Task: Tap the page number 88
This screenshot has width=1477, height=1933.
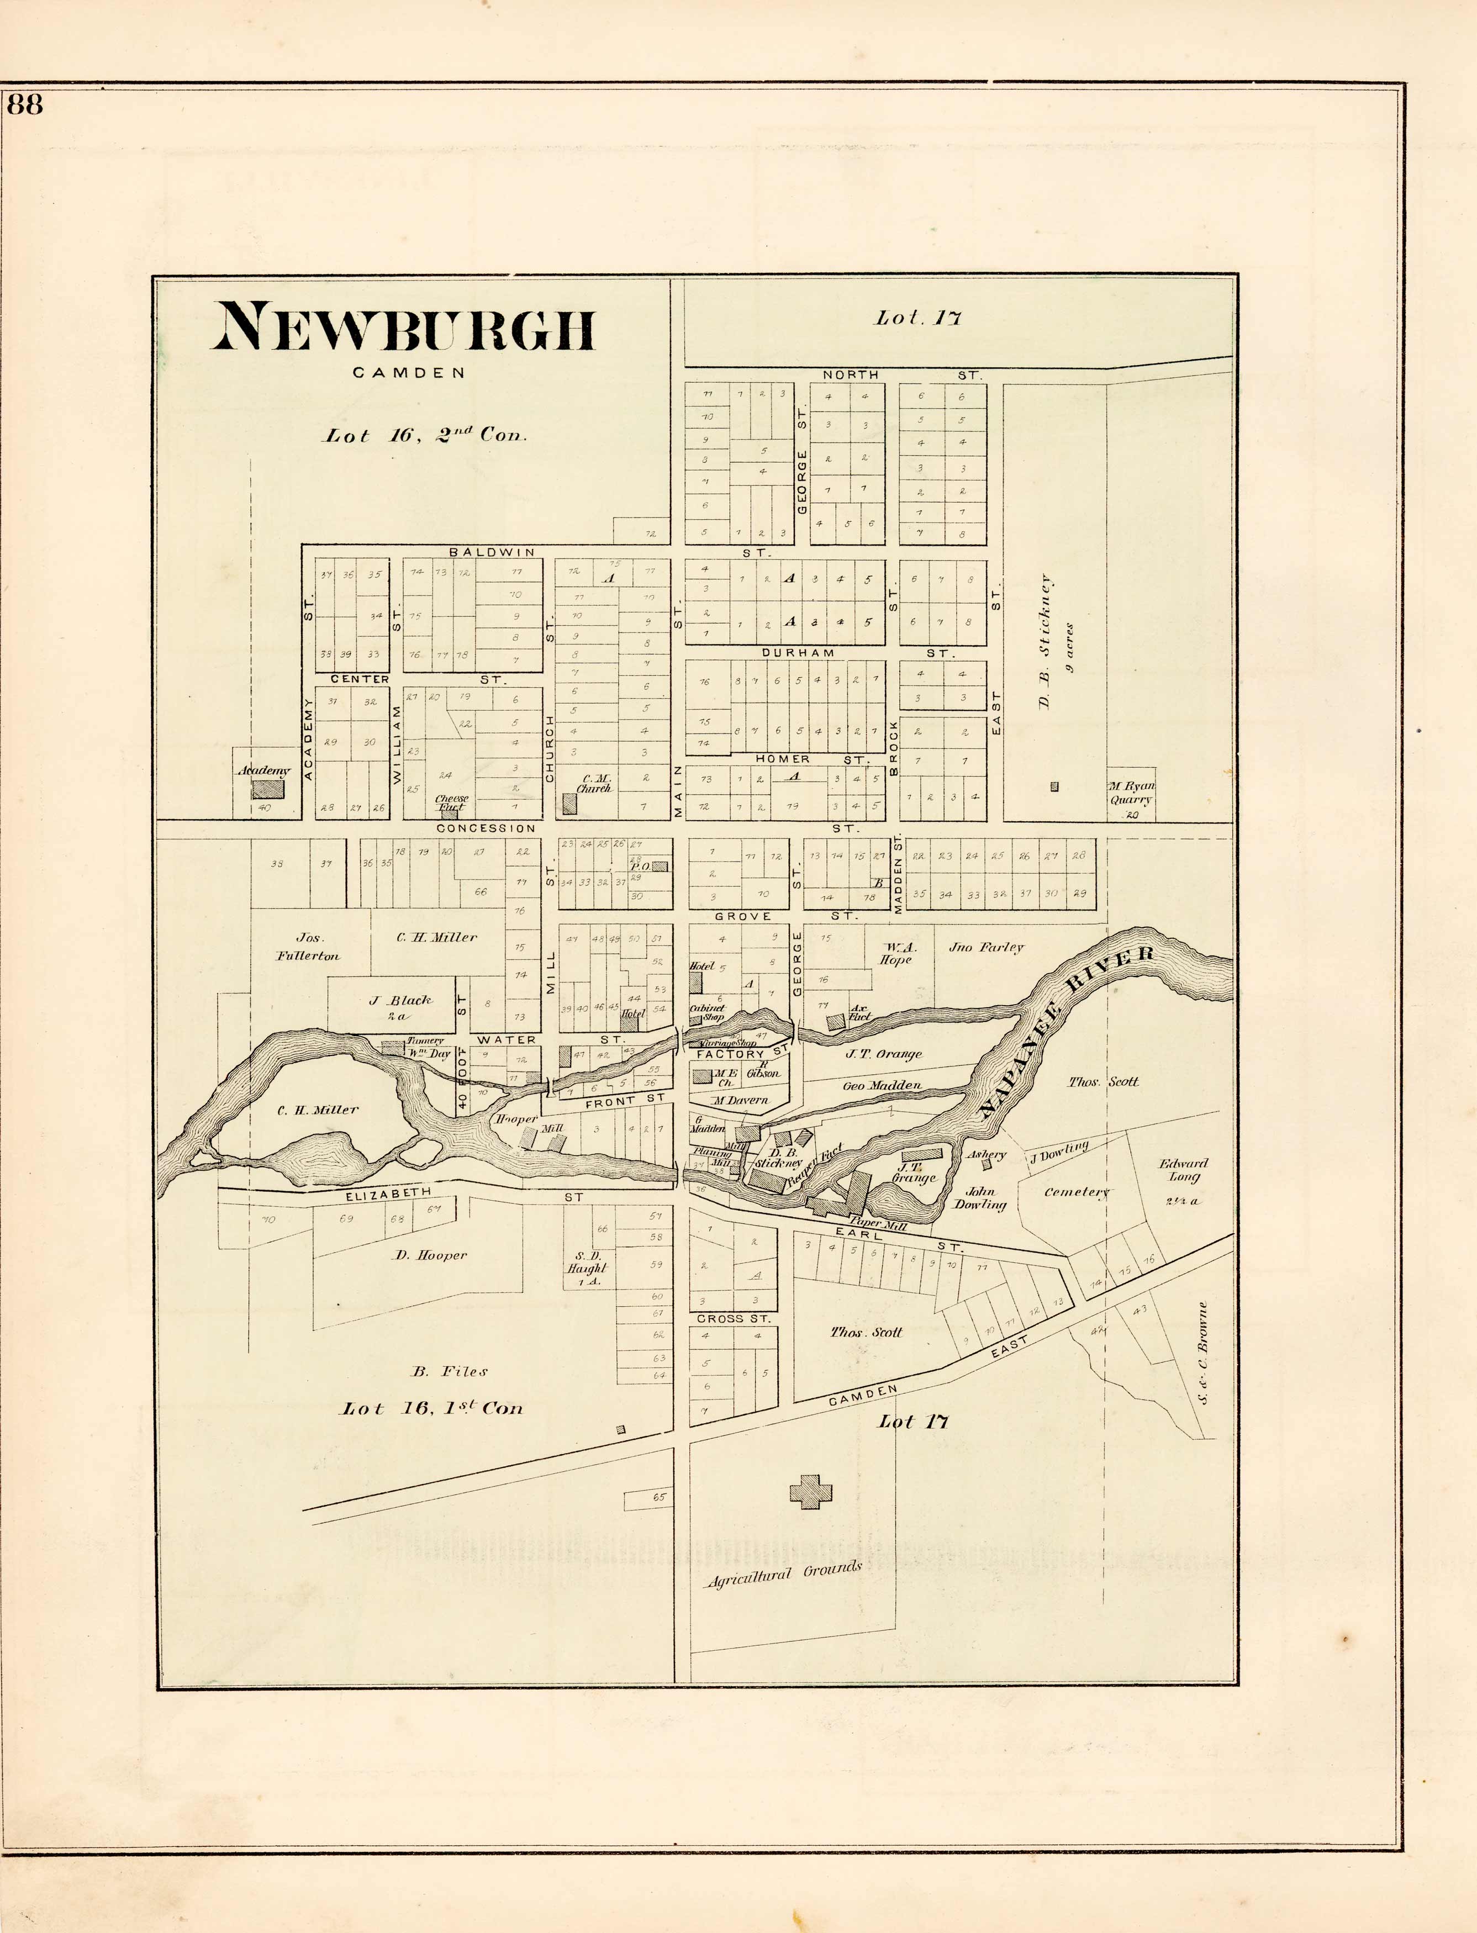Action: (x=25, y=104)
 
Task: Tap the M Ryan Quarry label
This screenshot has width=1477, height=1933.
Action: (x=1131, y=794)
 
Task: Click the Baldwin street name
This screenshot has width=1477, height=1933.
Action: (x=492, y=552)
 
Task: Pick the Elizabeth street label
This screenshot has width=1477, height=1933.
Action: (x=388, y=1193)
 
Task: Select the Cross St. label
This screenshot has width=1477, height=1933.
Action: (x=733, y=1318)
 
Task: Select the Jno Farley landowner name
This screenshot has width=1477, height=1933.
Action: (x=987, y=948)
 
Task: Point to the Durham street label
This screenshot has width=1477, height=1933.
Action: (x=798, y=653)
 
